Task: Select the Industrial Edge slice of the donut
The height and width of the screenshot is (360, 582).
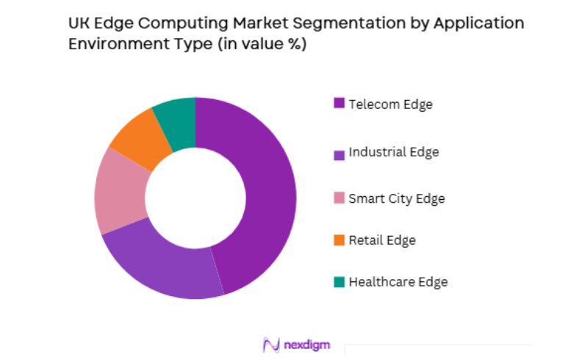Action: coord(165,264)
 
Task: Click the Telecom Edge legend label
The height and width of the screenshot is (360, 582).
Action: coord(390,104)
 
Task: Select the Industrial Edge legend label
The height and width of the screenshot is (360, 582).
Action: coord(393,152)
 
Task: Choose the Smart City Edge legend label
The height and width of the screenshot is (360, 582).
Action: coord(396,198)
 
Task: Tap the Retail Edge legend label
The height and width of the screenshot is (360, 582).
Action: coord(381,240)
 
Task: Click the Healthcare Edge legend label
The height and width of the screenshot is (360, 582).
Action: coord(398,281)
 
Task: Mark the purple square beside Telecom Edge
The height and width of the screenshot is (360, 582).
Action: coord(339,103)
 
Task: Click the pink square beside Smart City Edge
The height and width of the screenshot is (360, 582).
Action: coord(339,198)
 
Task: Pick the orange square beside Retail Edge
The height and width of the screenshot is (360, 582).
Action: coord(339,240)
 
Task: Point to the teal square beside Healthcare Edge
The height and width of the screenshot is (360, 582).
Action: coord(339,281)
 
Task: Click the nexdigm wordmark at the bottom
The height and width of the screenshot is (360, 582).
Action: coord(308,344)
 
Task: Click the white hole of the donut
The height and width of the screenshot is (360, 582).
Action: coord(195,197)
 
